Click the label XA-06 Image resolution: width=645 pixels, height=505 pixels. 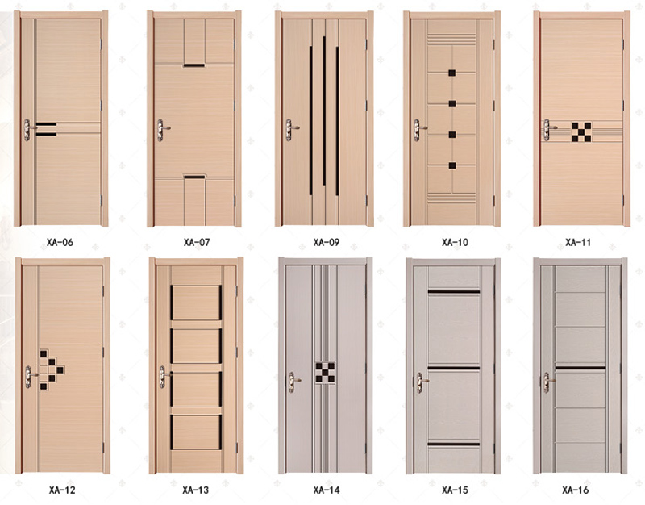click(60, 243)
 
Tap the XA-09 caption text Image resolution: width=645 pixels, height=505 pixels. click(327, 243)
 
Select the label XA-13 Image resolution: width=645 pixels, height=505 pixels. click(196, 490)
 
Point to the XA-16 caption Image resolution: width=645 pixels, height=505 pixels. click(575, 490)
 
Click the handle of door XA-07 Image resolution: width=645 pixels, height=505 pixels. click(162, 130)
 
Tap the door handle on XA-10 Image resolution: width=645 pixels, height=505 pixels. click(418, 130)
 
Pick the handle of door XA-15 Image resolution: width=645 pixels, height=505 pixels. click(421, 382)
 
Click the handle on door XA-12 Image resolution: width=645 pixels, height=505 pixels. click(30, 377)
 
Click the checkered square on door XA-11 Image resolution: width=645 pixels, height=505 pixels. click(581, 132)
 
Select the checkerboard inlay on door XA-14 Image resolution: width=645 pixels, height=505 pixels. click(325, 373)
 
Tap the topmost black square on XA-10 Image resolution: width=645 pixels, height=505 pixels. click(452, 73)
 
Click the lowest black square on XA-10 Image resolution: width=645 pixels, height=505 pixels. click(452, 166)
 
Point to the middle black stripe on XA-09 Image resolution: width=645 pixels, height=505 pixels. click(324, 111)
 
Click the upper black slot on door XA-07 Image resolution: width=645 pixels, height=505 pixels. click(194, 65)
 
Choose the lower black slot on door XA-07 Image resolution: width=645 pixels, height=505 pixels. click(194, 177)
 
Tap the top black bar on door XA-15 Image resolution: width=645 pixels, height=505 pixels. click(454, 292)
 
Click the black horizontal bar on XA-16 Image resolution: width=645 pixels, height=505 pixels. click(580, 368)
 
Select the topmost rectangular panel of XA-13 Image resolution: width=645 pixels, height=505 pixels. click(196, 303)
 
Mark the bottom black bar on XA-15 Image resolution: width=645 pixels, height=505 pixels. click(454, 444)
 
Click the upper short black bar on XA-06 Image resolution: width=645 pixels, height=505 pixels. click(46, 124)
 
